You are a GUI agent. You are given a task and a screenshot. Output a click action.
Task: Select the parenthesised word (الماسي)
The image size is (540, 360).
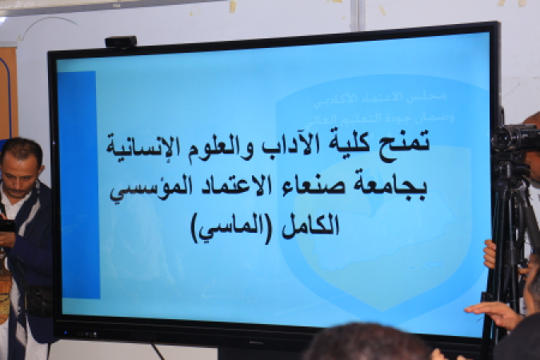pos(234,226)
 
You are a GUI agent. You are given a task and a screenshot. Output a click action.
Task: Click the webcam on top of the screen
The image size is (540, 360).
pos(120,42)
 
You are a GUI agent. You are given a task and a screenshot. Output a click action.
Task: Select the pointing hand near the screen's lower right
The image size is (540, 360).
pos(492,310)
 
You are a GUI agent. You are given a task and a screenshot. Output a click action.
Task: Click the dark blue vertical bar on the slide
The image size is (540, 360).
pos(78,184)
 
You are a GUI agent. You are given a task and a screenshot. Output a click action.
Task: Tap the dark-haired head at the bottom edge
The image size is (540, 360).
pos(368,344)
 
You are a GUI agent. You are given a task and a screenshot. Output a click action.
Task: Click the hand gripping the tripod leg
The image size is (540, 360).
pos(490,254)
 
